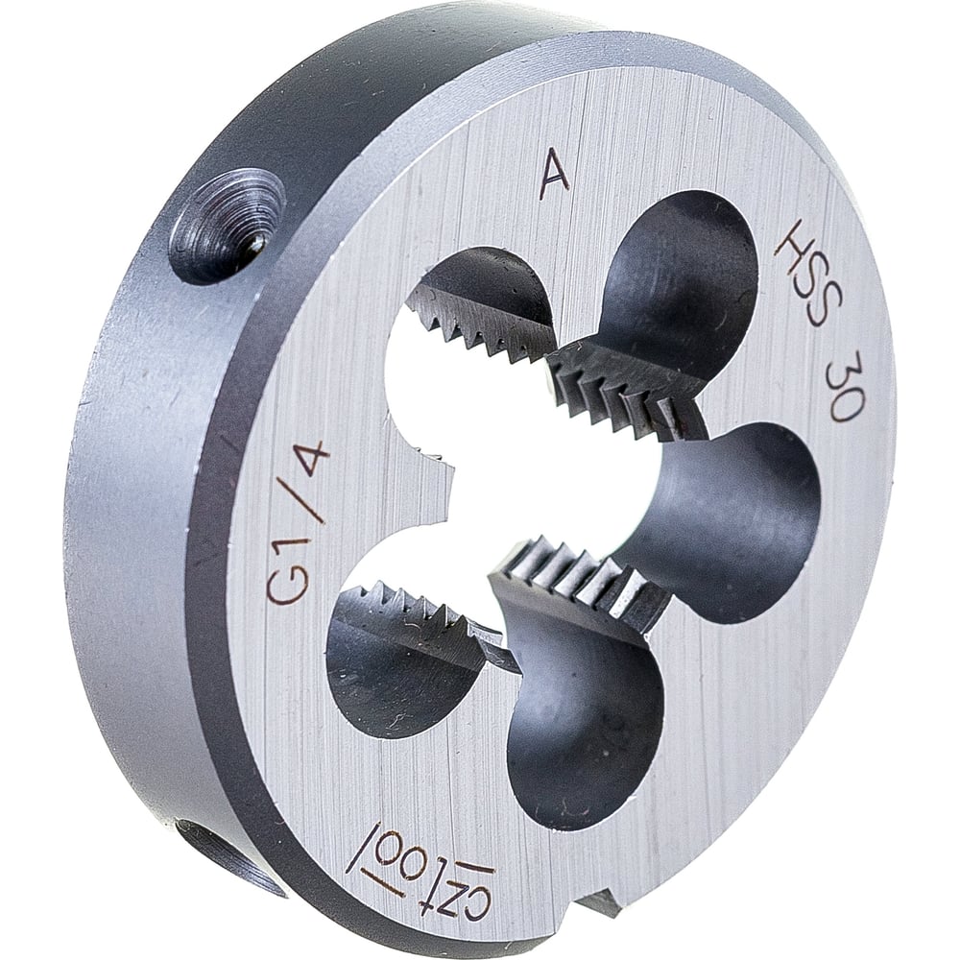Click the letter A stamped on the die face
[x=554, y=177]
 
